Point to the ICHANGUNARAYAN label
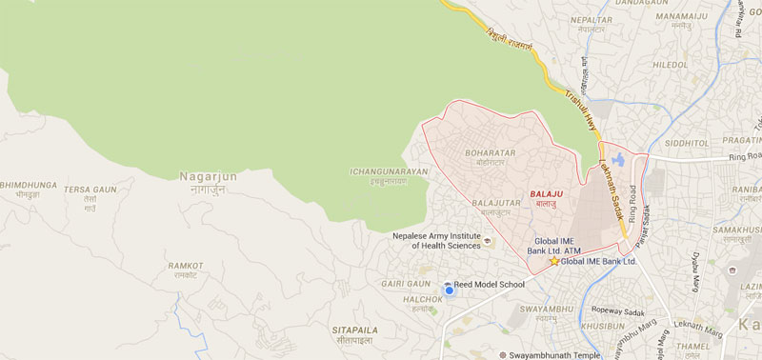(391, 171)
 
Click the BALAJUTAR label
(495, 202)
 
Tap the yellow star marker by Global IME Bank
(554, 261)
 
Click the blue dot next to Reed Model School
(449, 287)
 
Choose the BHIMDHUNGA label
(28, 185)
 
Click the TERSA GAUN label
(90, 190)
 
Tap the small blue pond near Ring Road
(619, 159)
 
